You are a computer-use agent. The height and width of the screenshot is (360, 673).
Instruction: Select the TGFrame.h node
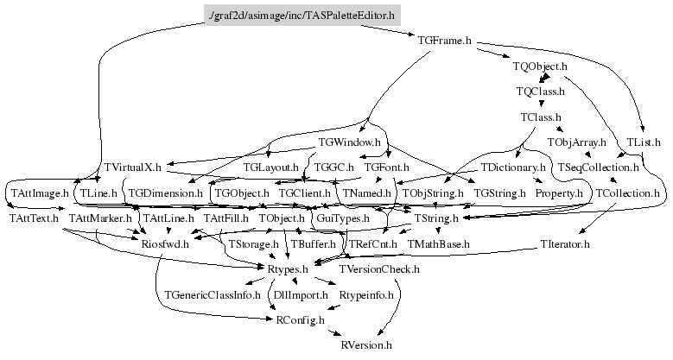444,40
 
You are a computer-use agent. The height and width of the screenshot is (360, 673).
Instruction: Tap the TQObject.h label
540,66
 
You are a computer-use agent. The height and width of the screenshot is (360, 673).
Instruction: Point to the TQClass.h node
540,91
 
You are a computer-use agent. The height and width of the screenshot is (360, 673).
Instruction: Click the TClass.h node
541,117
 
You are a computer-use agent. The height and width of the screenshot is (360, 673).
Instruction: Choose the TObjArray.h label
577,142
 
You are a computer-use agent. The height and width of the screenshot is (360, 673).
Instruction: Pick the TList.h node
644,142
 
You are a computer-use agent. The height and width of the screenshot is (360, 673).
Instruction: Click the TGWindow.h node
349,142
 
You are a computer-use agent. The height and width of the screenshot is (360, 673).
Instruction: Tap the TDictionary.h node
514,167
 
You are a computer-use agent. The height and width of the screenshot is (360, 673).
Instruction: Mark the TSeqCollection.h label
598,167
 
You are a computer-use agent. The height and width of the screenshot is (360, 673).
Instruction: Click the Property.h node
559,193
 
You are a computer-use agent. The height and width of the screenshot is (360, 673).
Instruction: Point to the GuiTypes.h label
343,218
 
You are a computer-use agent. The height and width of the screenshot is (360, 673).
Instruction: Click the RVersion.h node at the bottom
367,345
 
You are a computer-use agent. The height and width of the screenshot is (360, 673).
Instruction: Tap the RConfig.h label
301,320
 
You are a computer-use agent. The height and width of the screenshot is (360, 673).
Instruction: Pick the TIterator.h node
564,244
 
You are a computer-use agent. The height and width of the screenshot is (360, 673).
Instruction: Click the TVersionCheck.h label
379,269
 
